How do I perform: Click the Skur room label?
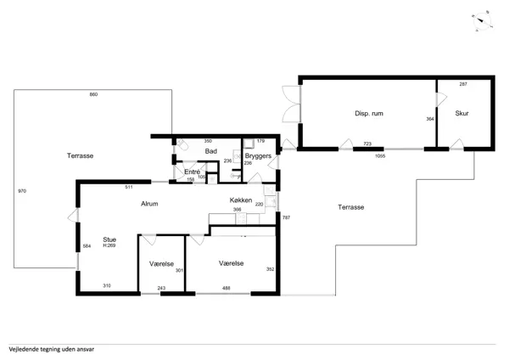[x=461, y=113]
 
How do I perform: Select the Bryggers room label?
[x=258, y=157]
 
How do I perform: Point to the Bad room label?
[x=211, y=151]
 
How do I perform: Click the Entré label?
[x=192, y=172]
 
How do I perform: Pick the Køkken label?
[x=240, y=200]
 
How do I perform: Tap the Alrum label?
[x=149, y=204]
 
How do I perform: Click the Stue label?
[x=109, y=240]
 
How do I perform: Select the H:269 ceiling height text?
[x=109, y=246]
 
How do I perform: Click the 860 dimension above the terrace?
[x=93, y=94]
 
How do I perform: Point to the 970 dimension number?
[x=22, y=192]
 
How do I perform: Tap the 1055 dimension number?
[x=380, y=156]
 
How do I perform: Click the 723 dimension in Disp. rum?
[x=367, y=144]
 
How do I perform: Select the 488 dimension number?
[x=227, y=289]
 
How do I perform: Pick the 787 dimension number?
[x=286, y=218]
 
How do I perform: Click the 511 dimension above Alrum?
[x=128, y=186]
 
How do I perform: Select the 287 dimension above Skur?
[x=463, y=85]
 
